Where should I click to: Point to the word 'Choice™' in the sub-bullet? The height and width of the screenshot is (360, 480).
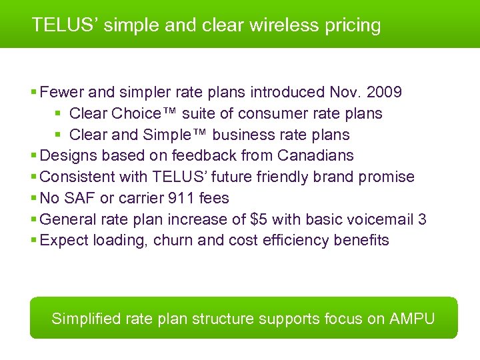pos(143,113)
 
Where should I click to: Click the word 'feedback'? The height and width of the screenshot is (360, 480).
pos(203,156)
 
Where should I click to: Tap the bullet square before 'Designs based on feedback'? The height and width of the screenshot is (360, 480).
pos(34,156)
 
